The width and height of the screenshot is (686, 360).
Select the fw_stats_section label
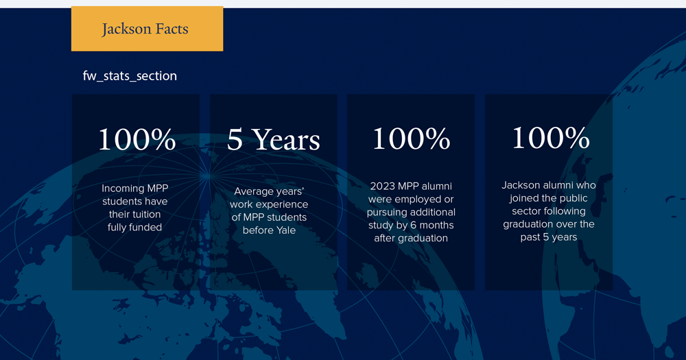tap(130, 75)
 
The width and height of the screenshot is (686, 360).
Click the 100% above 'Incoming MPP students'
tap(137, 139)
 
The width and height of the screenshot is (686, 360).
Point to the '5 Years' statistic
tap(274, 139)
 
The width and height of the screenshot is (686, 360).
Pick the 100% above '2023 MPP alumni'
tap(411, 139)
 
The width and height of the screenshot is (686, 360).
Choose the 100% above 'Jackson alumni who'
tap(550, 138)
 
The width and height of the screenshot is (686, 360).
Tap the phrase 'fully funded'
tap(134, 228)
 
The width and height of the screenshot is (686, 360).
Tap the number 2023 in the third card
tap(382, 187)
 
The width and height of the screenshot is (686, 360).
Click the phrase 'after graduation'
tap(411, 239)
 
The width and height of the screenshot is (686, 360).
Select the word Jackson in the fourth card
tap(521, 185)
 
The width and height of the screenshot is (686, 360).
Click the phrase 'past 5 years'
tap(549, 237)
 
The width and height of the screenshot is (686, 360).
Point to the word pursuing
tap(385, 213)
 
